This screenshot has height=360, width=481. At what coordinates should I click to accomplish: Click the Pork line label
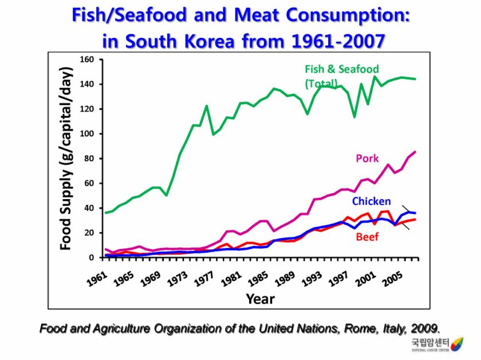point(367,158)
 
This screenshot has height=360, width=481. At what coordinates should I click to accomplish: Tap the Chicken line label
point(371,201)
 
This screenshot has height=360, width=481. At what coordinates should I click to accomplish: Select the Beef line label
point(367,236)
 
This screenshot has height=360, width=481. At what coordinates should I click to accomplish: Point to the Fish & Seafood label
point(341,69)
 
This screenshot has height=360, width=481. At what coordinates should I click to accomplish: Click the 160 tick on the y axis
point(86,60)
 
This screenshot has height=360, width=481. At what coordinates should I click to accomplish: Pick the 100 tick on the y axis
point(86,134)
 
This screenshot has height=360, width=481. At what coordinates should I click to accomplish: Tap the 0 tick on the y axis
point(92,258)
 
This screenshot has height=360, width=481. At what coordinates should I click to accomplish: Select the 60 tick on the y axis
point(89,183)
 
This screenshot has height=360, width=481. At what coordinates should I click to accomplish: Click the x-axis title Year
point(260,298)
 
